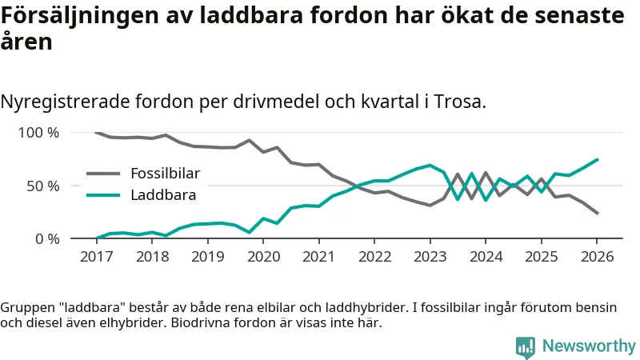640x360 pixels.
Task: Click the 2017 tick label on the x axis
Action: point(96,256)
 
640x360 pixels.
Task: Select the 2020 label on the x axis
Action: point(263,256)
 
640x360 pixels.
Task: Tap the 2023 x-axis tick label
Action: point(430,256)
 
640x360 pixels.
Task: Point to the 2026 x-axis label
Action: point(597,256)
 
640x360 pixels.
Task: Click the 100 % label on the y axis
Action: point(38,133)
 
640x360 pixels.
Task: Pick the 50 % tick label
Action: point(42,186)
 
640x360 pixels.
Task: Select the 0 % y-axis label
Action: point(46,238)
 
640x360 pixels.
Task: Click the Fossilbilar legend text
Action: point(165,174)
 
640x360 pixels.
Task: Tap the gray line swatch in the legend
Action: point(102,174)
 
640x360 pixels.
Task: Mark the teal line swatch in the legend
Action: point(102,194)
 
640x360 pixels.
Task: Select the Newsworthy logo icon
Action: point(526,346)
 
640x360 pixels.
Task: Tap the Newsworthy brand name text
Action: point(589,346)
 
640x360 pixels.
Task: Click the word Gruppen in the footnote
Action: point(25,308)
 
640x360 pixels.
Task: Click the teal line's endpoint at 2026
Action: point(597,159)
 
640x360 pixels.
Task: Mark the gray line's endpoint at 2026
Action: point(597,214)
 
